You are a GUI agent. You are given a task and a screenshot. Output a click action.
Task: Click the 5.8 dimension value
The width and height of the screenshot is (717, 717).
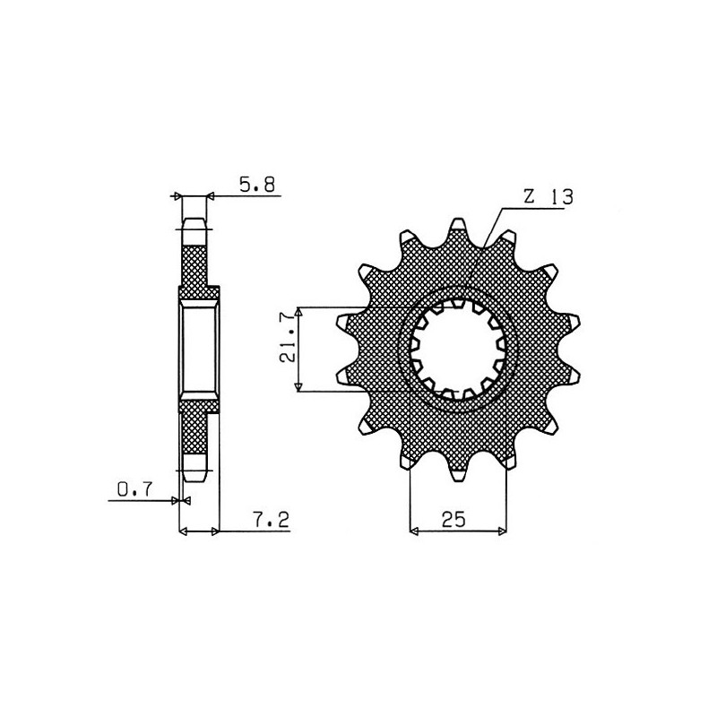(257, 185)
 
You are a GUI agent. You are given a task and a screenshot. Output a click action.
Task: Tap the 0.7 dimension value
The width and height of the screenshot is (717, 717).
(134, 489)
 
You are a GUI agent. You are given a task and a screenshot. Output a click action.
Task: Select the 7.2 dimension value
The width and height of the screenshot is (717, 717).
(272, 520)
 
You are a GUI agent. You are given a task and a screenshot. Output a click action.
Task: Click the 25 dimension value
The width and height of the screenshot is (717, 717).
(454, 520)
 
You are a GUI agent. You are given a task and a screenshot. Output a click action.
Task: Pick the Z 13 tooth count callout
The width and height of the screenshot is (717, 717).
(548, 197)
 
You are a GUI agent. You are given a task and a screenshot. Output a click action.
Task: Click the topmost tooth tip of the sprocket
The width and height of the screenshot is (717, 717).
(458, 220)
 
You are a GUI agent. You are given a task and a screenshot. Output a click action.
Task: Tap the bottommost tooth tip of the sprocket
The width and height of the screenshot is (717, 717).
(458, 479)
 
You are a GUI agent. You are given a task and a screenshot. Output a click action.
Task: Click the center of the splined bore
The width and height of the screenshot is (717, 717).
(458, 350)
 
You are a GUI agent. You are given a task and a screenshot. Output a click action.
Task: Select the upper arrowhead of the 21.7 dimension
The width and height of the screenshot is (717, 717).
(298, 311)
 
